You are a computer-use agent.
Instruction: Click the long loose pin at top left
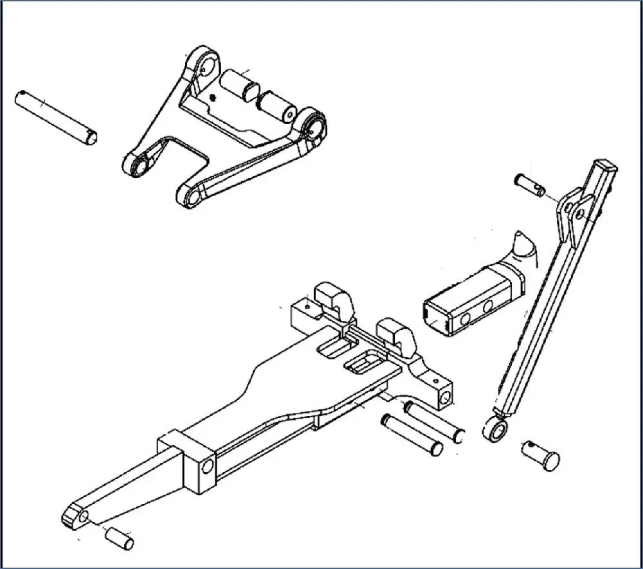[57, 116]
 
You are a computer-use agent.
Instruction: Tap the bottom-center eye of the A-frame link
[187, 195]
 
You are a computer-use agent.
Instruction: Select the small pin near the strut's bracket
[531, 183]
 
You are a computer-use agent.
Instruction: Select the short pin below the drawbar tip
[120, 537]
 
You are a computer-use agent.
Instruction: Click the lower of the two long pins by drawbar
[411, 433]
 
